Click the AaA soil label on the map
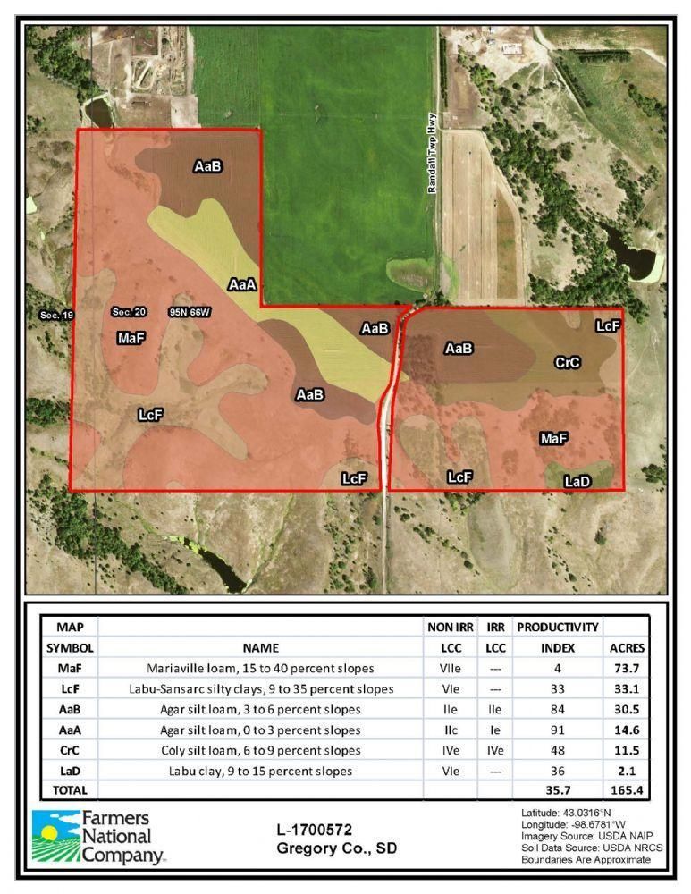point(242,285)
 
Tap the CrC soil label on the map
point(568,362)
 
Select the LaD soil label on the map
point(577,481)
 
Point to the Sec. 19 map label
point(56,316)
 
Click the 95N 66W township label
point(190,313)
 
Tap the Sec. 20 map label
point(128,312)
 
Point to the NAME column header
point(260,647)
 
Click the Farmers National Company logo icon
point(55,839)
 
